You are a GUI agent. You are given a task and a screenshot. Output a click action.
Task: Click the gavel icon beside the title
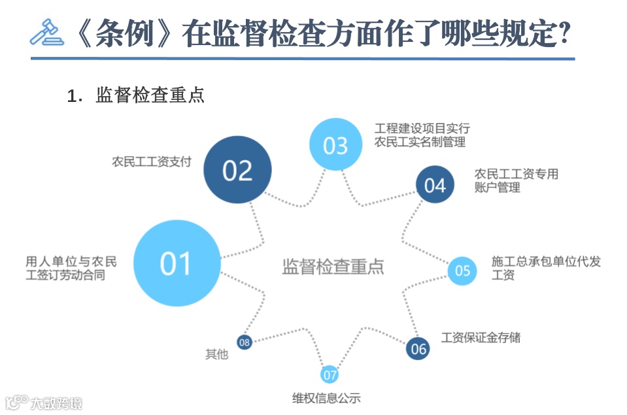pyautogui.click(x=46, y=32)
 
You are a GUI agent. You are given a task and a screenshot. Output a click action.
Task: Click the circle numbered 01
pyautogui.click(x=176, y=263)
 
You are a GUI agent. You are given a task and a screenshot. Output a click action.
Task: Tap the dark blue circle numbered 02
pyautogui.click(x=237, y=169)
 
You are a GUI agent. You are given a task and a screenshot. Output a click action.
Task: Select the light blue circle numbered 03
pyautogui.click(x=335, y=144)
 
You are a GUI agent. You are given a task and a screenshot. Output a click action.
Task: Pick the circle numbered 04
pyautogui.click(x=435, y=185)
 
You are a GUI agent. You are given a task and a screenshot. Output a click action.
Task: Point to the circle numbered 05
pyautogui.click(x=462, y=270)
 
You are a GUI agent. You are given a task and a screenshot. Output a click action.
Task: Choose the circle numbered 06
pyautogui.click(x=418, y=348)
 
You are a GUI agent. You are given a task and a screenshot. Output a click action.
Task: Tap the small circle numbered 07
pyautogui.click(x=330, y=374)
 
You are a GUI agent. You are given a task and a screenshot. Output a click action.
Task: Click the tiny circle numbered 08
pyautogui.click(x=244, y=342)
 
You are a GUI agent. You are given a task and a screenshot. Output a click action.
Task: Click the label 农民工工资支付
pyautogui.click(x=152, y=161)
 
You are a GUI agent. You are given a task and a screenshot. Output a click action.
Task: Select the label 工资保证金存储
pyautogui.click(x=481, y=338)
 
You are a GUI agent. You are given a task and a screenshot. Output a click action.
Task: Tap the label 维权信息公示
pyautogui.click(x=326, y=398)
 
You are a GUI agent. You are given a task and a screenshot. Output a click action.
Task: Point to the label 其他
pyautogui.click(x=217, y=354)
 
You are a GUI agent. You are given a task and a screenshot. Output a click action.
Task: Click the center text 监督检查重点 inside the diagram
pyautogui.click(x=333, y=267)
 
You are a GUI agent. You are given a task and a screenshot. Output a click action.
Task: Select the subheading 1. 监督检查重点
pyautogui.click(x=137, y=95)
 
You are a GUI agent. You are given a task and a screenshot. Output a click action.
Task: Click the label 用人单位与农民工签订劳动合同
pyautogui.click(x=71, y=268)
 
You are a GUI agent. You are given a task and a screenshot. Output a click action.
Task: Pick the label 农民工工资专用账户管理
pyautogui.click(x=517, y=180)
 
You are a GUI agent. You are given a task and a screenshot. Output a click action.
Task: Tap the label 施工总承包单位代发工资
pyautogui.click(x=545, y=268)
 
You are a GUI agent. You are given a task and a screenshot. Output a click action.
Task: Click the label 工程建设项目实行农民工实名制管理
pyautogui.click(x=422, y=135)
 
